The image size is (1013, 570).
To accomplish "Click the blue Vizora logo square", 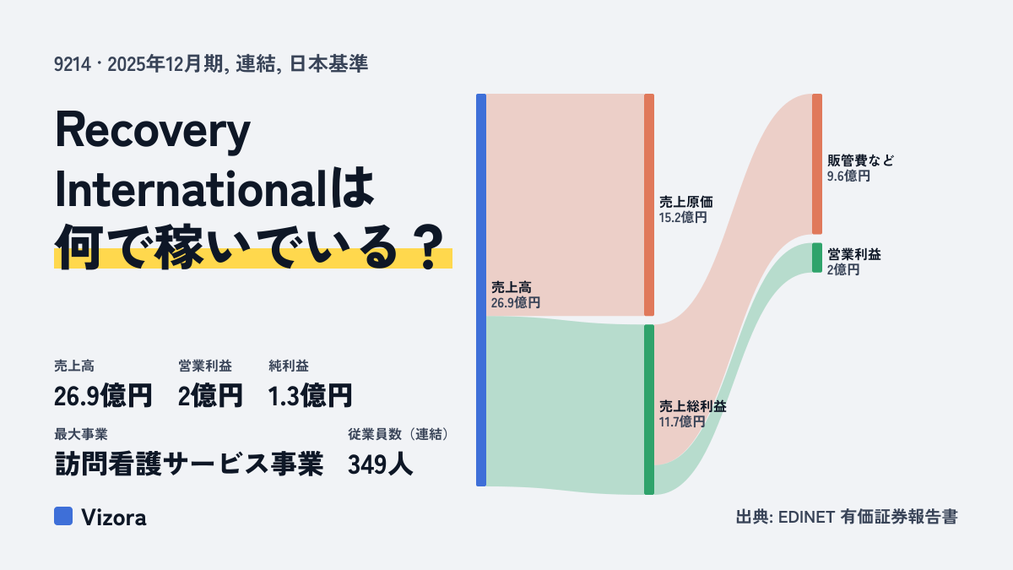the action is click(63, 516).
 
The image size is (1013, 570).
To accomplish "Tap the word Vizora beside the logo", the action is click(114, 518).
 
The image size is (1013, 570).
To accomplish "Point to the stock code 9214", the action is click(73, 64).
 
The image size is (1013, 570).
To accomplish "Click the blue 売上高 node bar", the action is click(481, 290).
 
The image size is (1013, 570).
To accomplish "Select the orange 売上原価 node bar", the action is click(649, 204).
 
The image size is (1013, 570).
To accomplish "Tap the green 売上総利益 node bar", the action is click(649, 410).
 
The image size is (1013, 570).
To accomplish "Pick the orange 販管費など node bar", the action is click(817, 164).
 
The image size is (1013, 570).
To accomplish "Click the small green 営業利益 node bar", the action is click(817, 258).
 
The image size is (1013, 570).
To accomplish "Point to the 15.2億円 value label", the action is click(682, 218).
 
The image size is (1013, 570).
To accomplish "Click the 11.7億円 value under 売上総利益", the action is click(682, 422).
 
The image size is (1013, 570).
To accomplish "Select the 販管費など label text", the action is click(860, 160).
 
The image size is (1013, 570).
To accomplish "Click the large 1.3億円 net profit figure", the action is click(310, 396).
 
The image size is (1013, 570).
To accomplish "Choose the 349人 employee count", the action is click(381, 464).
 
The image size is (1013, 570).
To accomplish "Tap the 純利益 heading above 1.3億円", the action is click(289, 366).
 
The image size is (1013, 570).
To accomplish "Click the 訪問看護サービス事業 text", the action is click(189, 464).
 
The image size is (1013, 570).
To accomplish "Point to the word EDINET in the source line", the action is click(806, 517).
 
